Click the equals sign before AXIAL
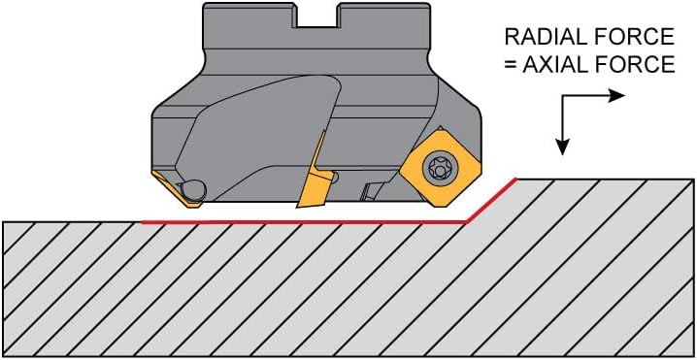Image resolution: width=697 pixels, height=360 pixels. point(510,65)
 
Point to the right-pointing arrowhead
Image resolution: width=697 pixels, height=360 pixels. point(617,95)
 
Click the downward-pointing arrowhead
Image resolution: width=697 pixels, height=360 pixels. point(563,147)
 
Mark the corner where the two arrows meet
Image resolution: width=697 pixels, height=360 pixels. point(563,95)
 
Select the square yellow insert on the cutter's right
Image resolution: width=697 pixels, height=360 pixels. point(440,168)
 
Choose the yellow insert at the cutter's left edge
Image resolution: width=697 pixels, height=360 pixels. point(176,189)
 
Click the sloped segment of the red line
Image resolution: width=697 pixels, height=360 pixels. point(491,200)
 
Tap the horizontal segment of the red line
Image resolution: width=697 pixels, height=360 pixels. point(303,222)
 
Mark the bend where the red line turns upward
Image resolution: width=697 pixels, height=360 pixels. point(465,222)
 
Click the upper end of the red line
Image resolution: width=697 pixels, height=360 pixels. point(516,179)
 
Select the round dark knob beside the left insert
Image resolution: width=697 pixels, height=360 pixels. point(194,190)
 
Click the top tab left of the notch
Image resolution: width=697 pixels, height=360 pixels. point(249,16)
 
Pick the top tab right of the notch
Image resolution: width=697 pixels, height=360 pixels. point(383,16)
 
